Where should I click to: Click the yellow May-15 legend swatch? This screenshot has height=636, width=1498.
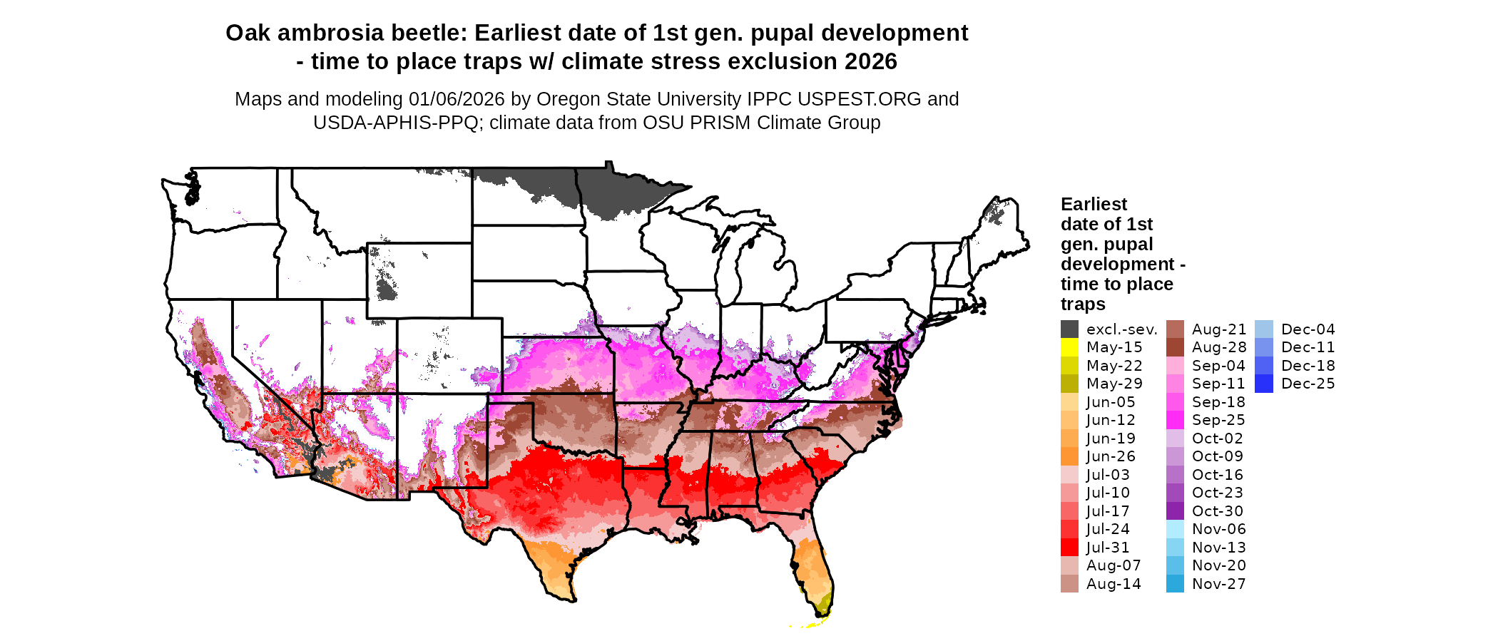click(1069, 347)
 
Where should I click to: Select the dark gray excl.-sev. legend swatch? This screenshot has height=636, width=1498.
click(1069, 329)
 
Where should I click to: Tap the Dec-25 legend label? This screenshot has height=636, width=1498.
click(1308, 384)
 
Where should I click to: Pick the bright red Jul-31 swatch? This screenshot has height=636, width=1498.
click(1069, 548)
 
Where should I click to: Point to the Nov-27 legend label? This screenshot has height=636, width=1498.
click(1218, 584)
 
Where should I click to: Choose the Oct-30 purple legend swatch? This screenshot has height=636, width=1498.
click(1175, 511)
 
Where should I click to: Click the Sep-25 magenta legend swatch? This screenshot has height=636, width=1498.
click(1175, 420)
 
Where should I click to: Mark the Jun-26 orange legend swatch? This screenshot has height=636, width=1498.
click(1069, 456)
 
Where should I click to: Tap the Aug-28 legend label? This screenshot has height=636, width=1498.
click(1218, 347)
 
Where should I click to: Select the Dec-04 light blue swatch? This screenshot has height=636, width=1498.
click(1263, 329)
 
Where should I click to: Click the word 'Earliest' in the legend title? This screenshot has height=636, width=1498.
click(1094, 205)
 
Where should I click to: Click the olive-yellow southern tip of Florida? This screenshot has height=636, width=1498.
click(824, 605)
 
